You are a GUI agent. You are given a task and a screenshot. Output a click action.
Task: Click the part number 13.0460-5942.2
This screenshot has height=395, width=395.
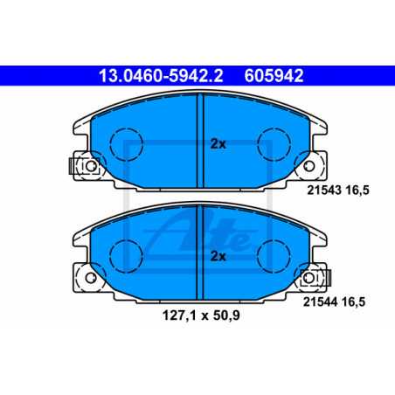161,76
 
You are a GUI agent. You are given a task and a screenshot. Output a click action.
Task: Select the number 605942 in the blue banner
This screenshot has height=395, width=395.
274,76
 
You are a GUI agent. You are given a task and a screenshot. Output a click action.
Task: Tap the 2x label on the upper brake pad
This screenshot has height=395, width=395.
218,144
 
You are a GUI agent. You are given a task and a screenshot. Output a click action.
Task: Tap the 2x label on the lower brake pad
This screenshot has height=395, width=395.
218,256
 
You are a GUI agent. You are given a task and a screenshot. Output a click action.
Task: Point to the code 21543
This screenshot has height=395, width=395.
324,191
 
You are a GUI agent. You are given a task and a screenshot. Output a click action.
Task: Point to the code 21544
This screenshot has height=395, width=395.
320,301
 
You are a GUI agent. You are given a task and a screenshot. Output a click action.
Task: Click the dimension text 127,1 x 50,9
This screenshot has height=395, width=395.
201,315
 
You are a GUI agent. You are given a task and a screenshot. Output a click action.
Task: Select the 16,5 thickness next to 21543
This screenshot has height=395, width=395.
357,191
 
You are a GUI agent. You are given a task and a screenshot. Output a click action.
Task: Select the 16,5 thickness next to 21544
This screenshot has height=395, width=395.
353,302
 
